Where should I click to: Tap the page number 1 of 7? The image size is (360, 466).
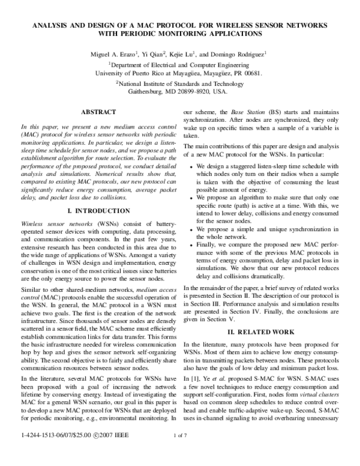[x=180, y=451]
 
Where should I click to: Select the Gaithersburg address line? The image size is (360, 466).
[x=179, y=93]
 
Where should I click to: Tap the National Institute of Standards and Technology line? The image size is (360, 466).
[x=179, y=84]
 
